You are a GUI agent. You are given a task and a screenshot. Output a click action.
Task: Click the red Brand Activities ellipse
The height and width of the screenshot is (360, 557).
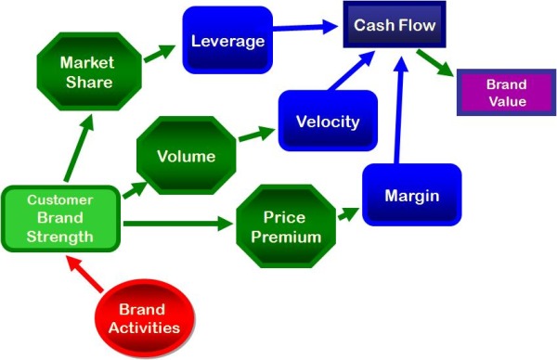(x=145, y=318)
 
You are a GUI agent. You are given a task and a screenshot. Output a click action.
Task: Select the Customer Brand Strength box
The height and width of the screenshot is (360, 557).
(x=60, y=219)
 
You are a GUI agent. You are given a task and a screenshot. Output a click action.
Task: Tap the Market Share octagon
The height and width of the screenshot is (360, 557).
(x=89, y=71)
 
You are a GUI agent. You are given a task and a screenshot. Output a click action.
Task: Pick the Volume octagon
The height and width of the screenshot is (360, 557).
(x=187, y=156)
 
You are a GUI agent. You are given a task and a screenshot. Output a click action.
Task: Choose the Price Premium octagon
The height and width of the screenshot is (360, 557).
(x=286, y=226)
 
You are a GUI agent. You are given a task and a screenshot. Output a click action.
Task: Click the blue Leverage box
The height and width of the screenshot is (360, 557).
(x=227, y=40)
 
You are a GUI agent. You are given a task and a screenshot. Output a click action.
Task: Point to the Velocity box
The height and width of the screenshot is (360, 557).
(x=328, y=121)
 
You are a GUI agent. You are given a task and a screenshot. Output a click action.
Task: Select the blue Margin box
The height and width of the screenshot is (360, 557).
(x=412, y=195)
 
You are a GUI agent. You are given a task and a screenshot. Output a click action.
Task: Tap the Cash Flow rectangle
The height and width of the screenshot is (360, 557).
(x=395, y=24)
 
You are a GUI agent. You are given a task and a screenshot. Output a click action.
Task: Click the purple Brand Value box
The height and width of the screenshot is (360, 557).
(x=507, y=93)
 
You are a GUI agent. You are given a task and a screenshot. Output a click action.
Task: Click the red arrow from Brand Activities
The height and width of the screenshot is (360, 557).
(x=84, y=274)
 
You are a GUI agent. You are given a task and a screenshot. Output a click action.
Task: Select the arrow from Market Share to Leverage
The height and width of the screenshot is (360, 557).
(x=160, y=54)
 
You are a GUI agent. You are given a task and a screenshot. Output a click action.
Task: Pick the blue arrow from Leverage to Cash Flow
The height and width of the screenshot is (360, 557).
(x=305, y=27)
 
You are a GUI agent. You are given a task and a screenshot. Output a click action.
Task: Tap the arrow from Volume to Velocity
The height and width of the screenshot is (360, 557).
(x=256, y=134)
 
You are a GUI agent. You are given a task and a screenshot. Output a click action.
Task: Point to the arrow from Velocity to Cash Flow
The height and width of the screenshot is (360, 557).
(x=351, y=71)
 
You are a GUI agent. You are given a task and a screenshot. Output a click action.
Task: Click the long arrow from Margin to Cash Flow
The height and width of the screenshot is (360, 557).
(x=399, y=109)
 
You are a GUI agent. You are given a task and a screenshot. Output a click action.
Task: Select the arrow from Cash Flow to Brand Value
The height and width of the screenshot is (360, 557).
(x=435, y=63)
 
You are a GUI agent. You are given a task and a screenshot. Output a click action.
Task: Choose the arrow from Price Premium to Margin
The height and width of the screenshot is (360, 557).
(x=348, y=214)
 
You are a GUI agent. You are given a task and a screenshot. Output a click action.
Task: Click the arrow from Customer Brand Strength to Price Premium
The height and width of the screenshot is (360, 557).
(x=178, y=224)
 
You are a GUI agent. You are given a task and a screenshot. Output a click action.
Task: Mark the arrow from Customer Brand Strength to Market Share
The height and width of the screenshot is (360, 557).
(x=79, y=148)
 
